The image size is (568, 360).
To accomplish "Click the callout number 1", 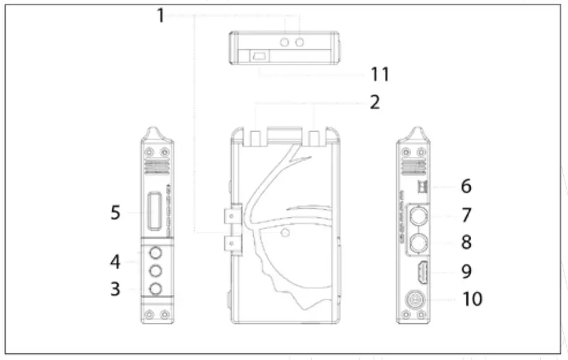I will tap(160, 15).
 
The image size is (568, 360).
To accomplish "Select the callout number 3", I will tap(115, 289).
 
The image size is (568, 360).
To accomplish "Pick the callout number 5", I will tap(115, 213).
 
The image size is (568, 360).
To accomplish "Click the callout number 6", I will tap(466, 186).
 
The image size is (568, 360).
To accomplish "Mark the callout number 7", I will tap(466, 215).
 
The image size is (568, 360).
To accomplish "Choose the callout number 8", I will tap(466, 242).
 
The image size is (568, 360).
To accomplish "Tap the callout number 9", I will tap(466, 271).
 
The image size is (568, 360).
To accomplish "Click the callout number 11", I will tap(379, 75).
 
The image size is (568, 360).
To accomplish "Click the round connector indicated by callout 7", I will tap(419, 215).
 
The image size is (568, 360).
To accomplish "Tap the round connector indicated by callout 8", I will tap(419, 243).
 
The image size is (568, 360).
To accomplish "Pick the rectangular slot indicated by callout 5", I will tap(154, 212).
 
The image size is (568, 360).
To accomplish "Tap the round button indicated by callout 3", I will tap(156, 288).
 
